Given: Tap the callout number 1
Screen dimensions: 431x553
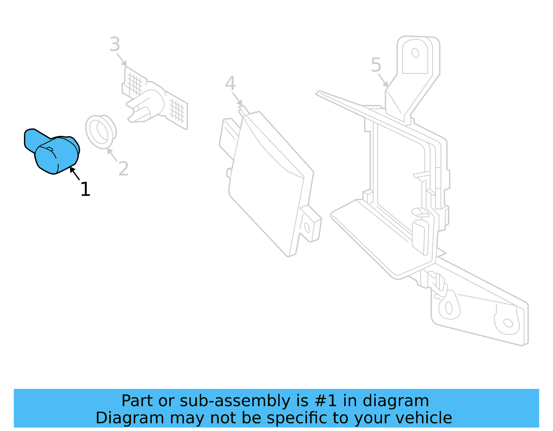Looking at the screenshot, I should [85, 189].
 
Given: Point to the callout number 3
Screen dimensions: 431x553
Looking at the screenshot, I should [115, 45].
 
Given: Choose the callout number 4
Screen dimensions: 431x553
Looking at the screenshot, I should [230, 84].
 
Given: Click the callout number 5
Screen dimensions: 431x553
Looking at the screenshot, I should [376, 65].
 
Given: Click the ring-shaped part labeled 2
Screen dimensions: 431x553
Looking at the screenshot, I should [101, 131].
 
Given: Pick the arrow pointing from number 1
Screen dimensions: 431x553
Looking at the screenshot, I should [75, 173].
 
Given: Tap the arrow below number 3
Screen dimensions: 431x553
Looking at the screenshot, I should [122, 59].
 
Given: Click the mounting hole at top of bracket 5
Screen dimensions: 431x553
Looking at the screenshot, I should [415, 53].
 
